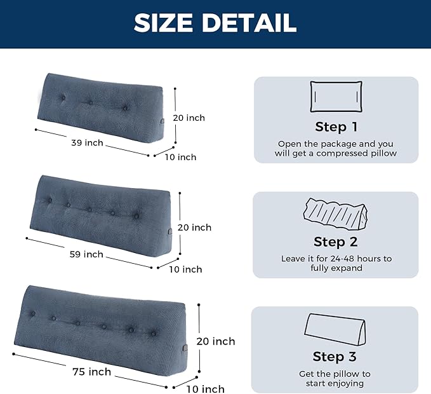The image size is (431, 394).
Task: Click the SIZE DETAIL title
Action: click(215, 23)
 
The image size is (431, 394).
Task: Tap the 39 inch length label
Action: click(87, 143)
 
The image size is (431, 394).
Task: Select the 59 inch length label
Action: click(87, 254)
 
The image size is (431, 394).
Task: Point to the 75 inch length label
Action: click(91, 372)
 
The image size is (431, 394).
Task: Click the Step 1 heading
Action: click(336, 126)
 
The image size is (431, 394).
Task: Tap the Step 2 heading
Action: click(336, 241)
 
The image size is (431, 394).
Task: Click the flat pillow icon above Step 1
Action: click(336, 97)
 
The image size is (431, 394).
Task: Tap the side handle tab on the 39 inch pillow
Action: click(163, 120)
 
